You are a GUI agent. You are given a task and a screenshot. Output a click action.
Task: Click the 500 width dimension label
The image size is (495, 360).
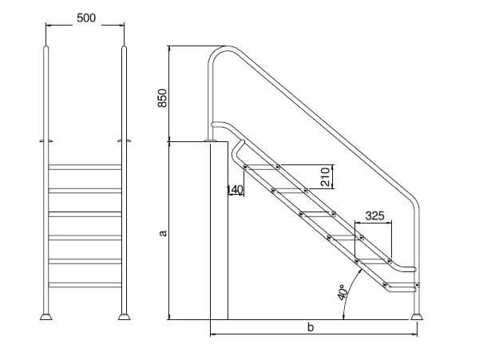pyautogui.click(x=86, y=18)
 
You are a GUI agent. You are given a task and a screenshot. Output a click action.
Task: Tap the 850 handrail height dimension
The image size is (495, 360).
pyautogui.click(x=162, y=98)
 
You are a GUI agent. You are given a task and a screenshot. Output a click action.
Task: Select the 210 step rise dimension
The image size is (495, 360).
pyautogui.click(x=325, y=176)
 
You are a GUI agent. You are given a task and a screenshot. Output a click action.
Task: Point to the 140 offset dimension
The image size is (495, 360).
pyautogui.click(x=236, y=190)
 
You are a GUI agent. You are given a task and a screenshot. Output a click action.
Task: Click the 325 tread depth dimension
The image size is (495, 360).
pyautogui.click(x=375, y=216)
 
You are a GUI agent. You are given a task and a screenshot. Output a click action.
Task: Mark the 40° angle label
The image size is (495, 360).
pyautogui.click(x=343, y=292)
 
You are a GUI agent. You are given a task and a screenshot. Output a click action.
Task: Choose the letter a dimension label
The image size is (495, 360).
pyautogui.click(x=163, y=233)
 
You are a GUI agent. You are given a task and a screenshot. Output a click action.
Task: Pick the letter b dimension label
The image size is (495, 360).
pyautogui.click(x=311, y=327)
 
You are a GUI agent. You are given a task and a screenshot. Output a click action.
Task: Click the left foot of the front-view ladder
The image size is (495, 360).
pyautogui.click(x=46, y=316)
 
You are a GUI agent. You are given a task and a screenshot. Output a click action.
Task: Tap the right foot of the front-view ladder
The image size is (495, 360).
pyautogui.click(x=124, y=316)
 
